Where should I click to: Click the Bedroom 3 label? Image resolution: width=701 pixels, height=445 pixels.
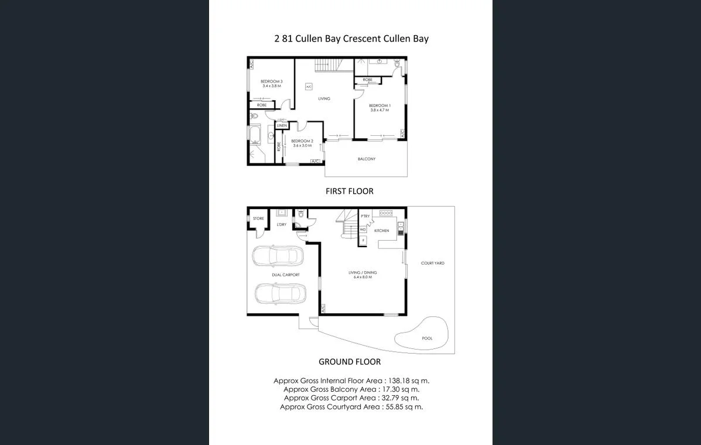[272, 81]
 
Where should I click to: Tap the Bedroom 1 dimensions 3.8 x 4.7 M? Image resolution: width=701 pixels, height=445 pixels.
[379, 110]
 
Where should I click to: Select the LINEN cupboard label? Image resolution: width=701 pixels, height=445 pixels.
[282, 126]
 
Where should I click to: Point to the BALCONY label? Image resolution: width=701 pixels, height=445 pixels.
[367, 159]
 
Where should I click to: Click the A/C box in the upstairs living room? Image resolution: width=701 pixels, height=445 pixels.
[309, 87]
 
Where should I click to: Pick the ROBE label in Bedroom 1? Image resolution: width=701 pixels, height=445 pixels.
[367, 80]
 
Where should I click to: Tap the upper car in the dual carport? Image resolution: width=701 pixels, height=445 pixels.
[278, 256]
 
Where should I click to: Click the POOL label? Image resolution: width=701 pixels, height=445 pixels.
[428, 338]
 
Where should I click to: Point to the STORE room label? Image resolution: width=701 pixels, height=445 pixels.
[258, 218]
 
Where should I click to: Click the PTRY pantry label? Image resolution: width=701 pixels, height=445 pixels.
[365, 216]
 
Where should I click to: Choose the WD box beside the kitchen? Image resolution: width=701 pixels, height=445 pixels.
[363, 230]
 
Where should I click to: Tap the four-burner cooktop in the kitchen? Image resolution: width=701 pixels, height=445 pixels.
[386, 213]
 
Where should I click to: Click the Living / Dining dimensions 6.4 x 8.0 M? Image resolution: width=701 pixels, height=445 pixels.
[363, 277]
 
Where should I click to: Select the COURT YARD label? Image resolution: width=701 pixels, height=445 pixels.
[432, 263]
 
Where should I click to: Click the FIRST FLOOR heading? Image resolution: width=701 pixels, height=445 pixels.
[349, 191]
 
